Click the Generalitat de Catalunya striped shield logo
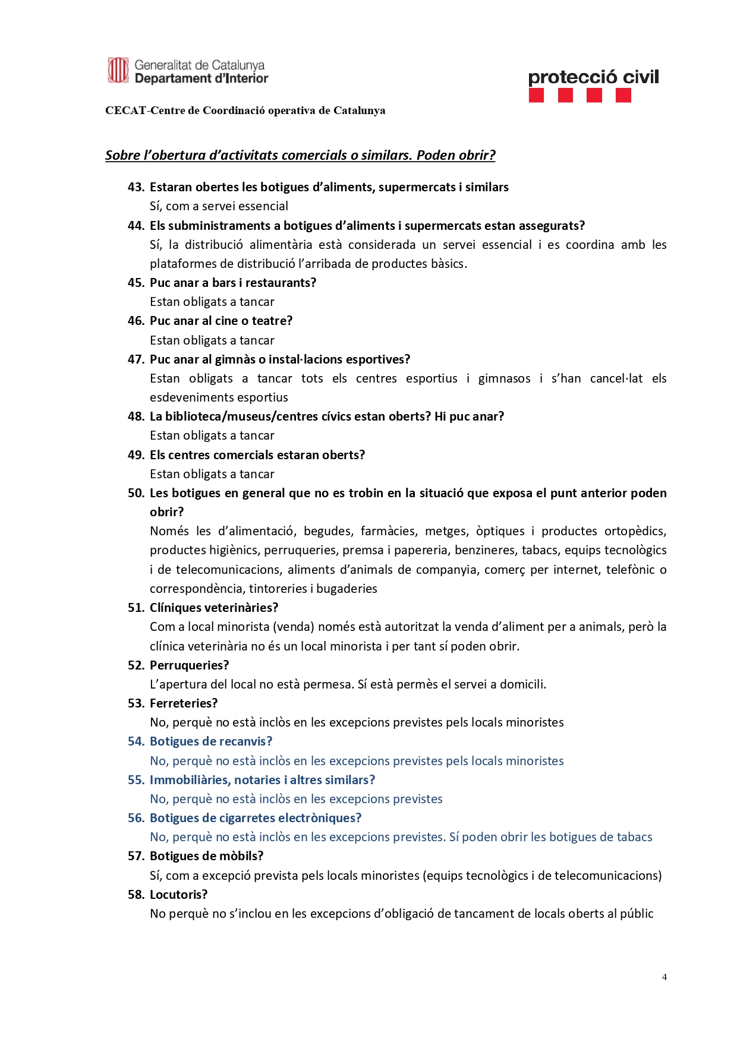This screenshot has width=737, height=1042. tap(118, 71)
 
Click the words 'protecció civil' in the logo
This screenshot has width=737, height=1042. tap(593, 77)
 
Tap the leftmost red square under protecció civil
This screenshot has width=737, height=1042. tap(536, 96)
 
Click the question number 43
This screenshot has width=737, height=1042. tap(136, 187)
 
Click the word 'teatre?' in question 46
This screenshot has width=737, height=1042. tap(272, 321)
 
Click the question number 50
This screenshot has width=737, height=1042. tap(136, 493)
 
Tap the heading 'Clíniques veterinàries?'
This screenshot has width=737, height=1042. tap(214, 608)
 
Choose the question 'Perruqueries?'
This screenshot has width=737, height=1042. tap(189, 665)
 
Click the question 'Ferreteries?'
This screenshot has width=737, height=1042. tap(184, 703)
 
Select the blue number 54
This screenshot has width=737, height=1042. tap(136, 741)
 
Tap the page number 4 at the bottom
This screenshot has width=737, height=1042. tap(664, 977)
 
